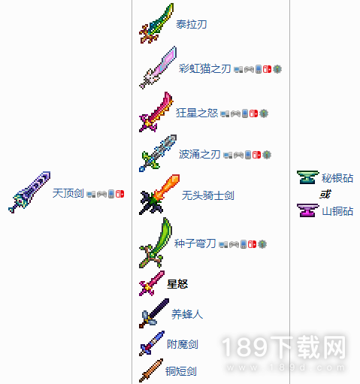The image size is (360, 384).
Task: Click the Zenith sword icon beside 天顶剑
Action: (x=29, y=192)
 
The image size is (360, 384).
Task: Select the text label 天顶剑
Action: (x=68, y=193)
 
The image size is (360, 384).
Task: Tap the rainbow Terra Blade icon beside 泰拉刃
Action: (x=156, y=23)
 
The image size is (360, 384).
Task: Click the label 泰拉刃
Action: (x=192, y=24)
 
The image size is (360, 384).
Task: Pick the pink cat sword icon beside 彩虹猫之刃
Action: (x=158, y=68)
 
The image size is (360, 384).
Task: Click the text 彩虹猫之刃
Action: (x=204, y=68)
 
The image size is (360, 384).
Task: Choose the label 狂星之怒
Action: (x=197, y=113)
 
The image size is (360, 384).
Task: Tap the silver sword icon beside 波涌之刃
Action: (x=158, y=153)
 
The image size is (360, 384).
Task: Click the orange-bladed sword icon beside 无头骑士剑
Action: (x=159, y=195)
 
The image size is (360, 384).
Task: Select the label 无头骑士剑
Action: (x=208, y=195)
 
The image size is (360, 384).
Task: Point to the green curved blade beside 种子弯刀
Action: (x=156, y=243)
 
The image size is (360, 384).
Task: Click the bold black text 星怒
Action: (x=177, y=284)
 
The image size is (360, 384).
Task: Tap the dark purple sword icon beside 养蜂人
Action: (x=154, y=313)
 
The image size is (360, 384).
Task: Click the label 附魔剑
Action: (x=183, y=344)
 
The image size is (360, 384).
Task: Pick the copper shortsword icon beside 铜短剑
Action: (x=151, y=370)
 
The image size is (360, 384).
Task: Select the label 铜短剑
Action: (x=181, y=371)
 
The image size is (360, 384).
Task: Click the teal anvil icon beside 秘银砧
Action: (x=307, y=177)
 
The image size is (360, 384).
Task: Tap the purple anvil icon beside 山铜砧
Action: (x=307, y=210)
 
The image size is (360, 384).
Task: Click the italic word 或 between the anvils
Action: (x=325, y=194)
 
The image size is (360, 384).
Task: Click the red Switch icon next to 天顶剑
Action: (x=119, y=194)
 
